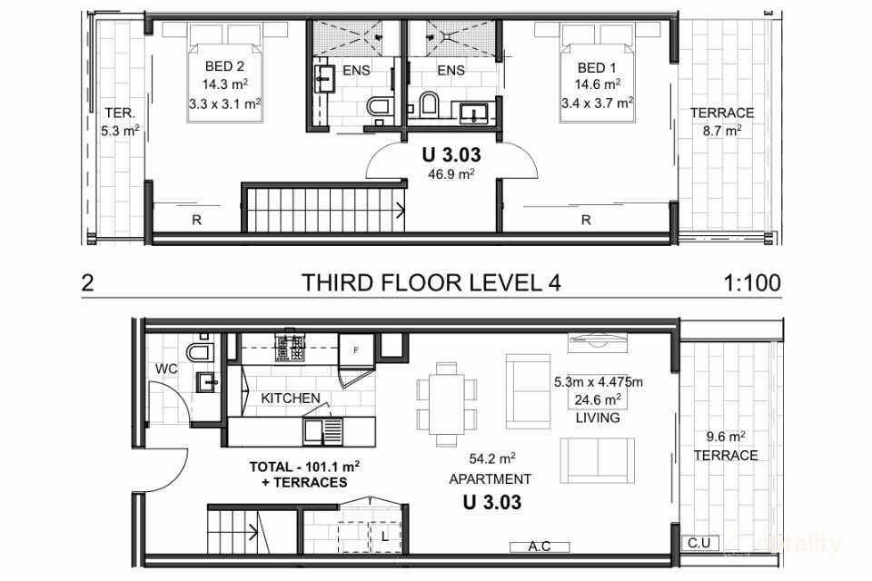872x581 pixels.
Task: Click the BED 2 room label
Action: (224, 66)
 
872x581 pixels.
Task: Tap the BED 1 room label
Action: (597, 68)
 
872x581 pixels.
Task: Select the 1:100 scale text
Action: (752, 283)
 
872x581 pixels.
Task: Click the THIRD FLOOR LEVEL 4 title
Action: (431, 283)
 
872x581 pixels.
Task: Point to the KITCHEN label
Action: (291, 399)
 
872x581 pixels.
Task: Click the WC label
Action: (166, 369)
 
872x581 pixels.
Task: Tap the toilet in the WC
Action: (200, 350)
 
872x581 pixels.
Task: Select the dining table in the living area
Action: (447, 404)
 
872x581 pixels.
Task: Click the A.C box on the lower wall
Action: (540, 547)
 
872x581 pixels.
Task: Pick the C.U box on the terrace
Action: (699, 543)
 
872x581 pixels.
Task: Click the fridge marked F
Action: (356, 350)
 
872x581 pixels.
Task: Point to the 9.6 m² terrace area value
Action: (726, 437)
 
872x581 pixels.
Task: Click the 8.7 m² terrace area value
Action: (721, 132)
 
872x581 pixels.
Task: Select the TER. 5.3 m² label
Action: (120, 123)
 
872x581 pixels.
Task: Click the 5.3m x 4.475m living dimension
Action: (598, 382)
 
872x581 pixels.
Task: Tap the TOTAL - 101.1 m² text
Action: (304, 467)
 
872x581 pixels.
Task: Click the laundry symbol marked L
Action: (385, 537)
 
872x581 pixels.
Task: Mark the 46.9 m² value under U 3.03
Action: (451, 174)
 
